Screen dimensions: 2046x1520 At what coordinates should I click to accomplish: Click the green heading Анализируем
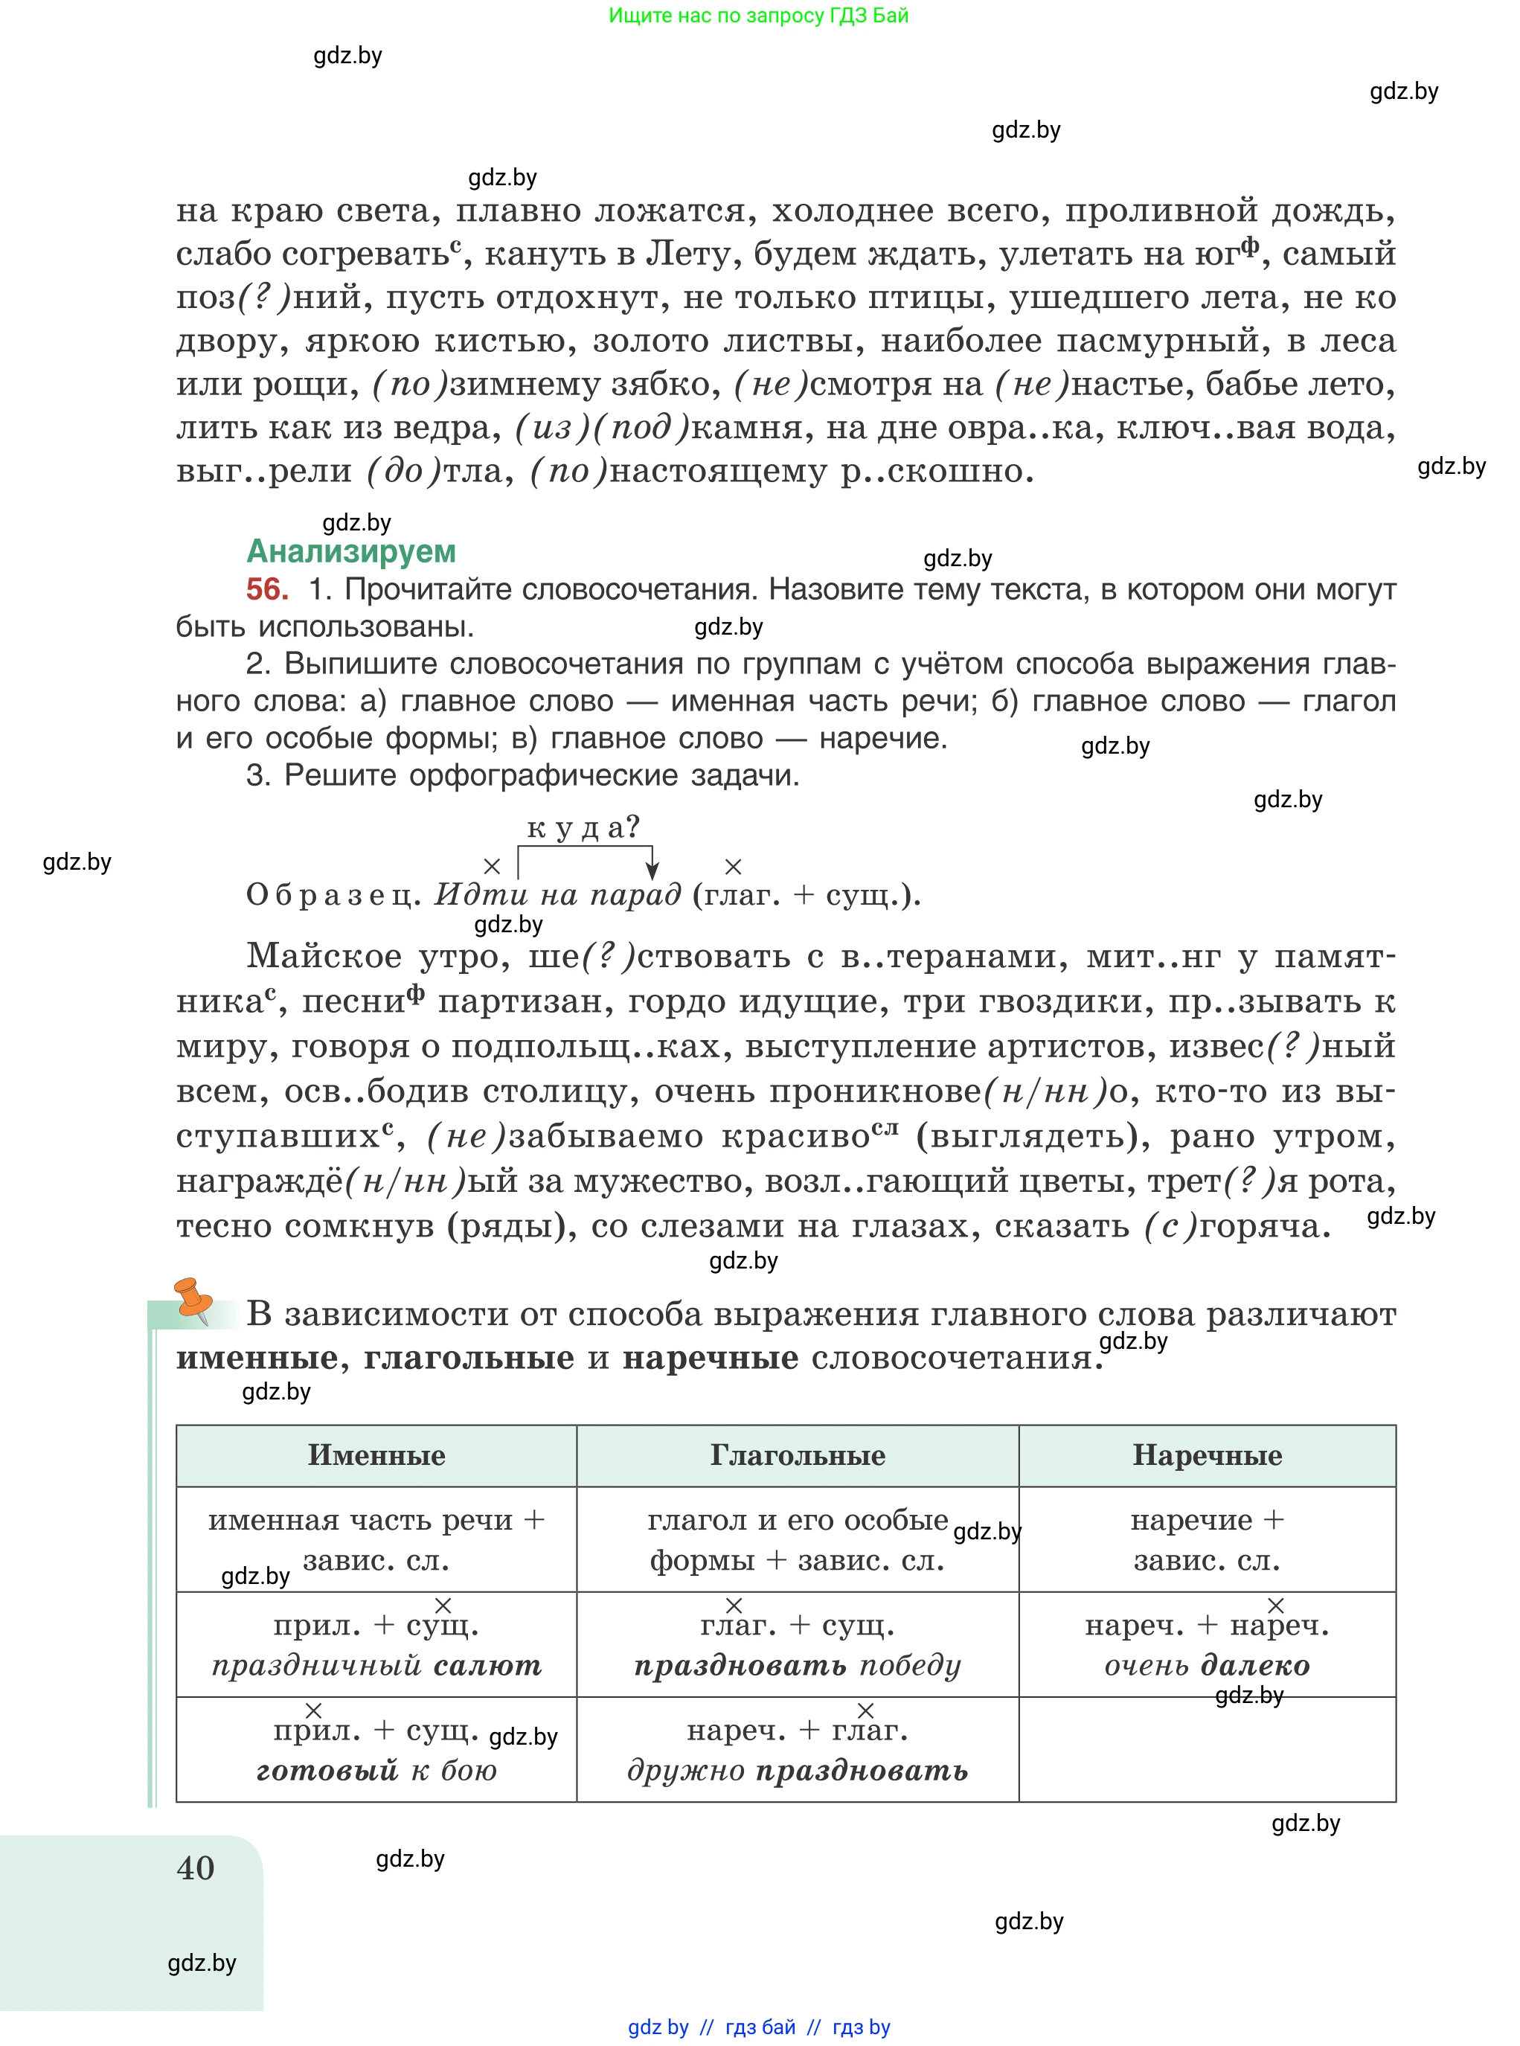[350, 551]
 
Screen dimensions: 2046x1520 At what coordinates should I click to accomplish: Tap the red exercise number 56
[267, 590]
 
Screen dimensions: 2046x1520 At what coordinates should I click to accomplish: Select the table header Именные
[376, 1455]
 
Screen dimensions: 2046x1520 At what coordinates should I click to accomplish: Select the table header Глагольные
[797, 1455]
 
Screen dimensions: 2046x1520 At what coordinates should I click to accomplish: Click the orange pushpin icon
[193, 1300]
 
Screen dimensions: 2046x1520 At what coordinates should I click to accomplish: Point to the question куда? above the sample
[583, 827]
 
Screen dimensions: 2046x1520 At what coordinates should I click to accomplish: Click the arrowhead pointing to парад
[652, 870]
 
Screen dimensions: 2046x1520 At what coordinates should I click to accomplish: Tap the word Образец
[333, 895]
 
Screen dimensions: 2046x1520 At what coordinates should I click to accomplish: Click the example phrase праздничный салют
[376, 1665]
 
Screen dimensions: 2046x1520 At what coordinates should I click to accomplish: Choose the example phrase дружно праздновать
[797, 1770]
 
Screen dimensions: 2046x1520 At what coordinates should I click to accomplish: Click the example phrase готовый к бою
[376, 1770]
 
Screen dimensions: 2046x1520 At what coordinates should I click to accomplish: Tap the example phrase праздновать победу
[797, 1665]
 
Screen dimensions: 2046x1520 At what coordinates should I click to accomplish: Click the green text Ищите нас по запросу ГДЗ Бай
[758, 16]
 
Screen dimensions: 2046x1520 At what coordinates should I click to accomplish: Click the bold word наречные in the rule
[711, 1358]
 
